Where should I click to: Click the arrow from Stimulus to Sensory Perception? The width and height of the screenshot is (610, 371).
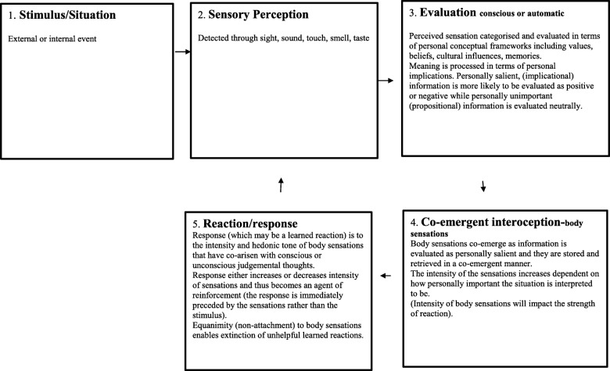click(182, 52)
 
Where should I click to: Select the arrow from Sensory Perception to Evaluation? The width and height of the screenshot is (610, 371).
click(386, 80)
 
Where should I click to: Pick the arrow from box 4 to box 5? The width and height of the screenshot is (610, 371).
click(386, 276)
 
